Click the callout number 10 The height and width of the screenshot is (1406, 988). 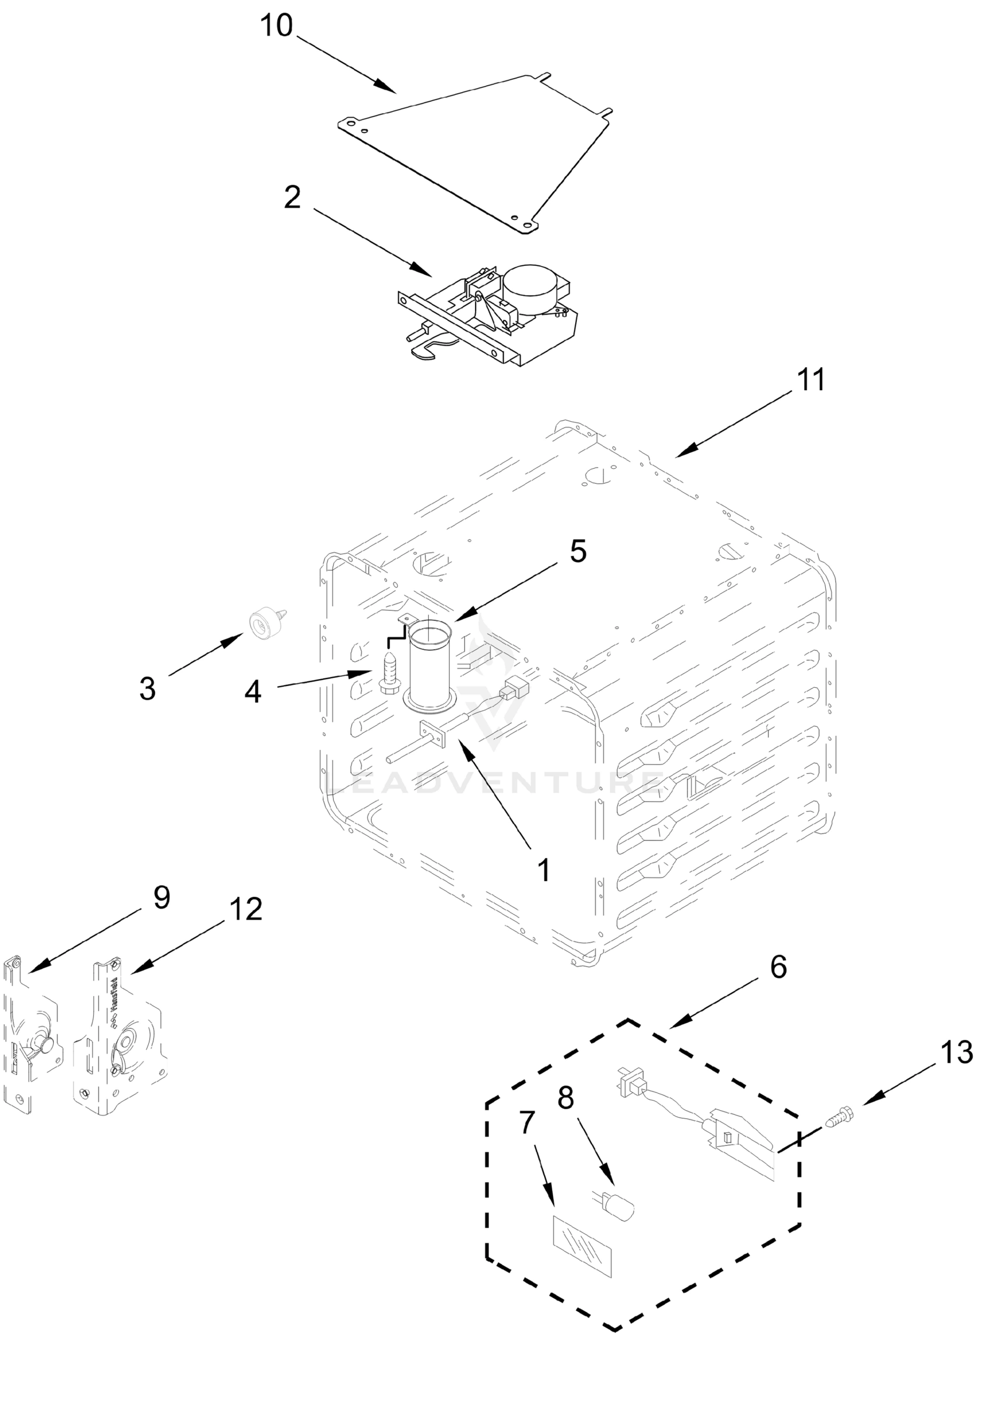[x=276, y=26]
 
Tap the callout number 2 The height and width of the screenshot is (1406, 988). [x=293, y=197]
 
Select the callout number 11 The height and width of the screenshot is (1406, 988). [x=811, y=380]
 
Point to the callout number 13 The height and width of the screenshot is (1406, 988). [x=956, y=1053]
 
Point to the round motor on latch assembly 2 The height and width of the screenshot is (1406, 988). [x=530, y=285]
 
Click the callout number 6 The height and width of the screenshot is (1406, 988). [x=777, y=967]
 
